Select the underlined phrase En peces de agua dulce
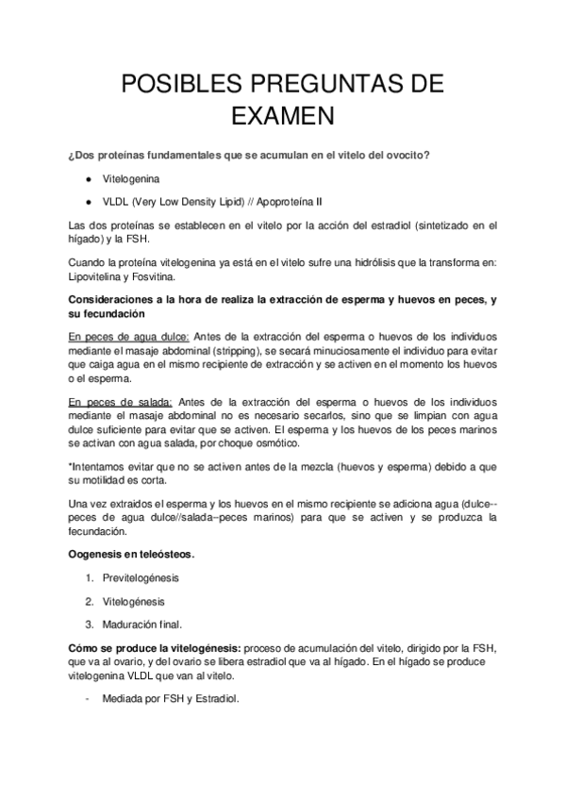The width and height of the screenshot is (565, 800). click(129, 336)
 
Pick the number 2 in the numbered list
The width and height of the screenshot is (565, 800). click(88, 600)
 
